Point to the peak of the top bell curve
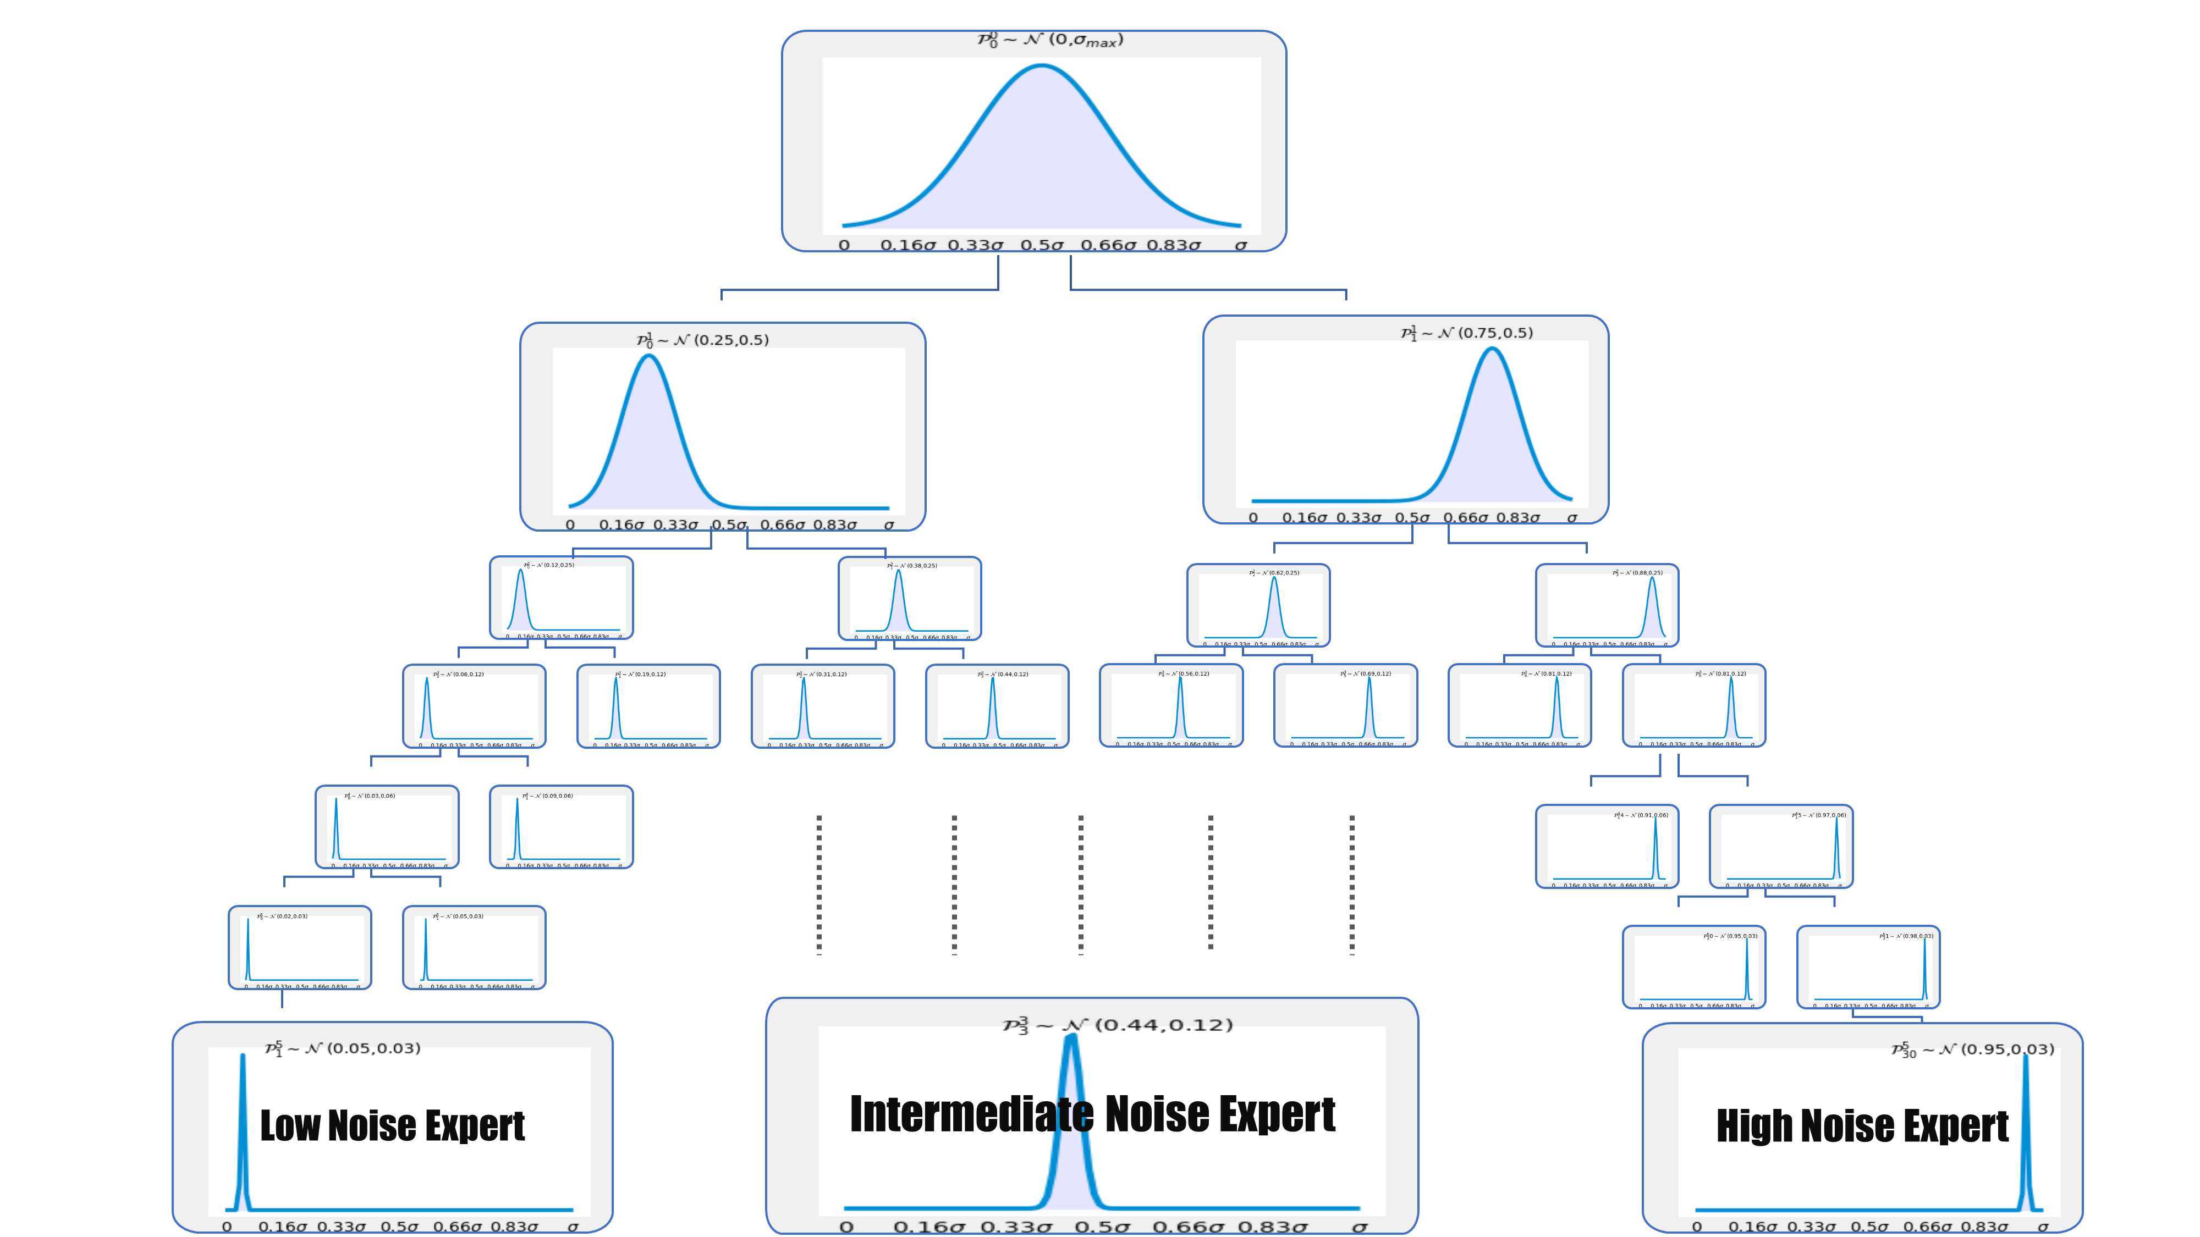coord(1042,67)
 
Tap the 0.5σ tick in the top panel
coord(1042,246)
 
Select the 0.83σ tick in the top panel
coord(1174,246)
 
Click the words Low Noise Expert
coord(392,1125)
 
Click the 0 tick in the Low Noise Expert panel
coord(226,1227)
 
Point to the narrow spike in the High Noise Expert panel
coord(2025,1135)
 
